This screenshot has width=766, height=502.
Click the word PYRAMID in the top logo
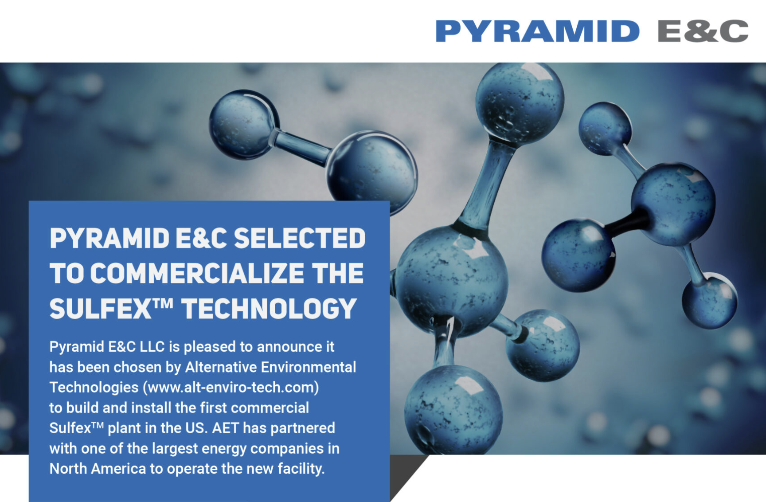point(537,31)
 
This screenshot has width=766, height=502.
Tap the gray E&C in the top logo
point(703,31)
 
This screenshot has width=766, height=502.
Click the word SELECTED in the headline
point(300,238)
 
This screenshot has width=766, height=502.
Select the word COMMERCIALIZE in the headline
point(197,273)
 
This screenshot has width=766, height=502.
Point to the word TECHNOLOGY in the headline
point(269,309)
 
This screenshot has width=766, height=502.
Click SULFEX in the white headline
point(101,309)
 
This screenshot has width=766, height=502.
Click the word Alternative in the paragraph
point(221,367)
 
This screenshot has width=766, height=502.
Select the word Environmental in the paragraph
point(309,367)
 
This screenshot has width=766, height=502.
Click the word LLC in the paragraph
point(152,347)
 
